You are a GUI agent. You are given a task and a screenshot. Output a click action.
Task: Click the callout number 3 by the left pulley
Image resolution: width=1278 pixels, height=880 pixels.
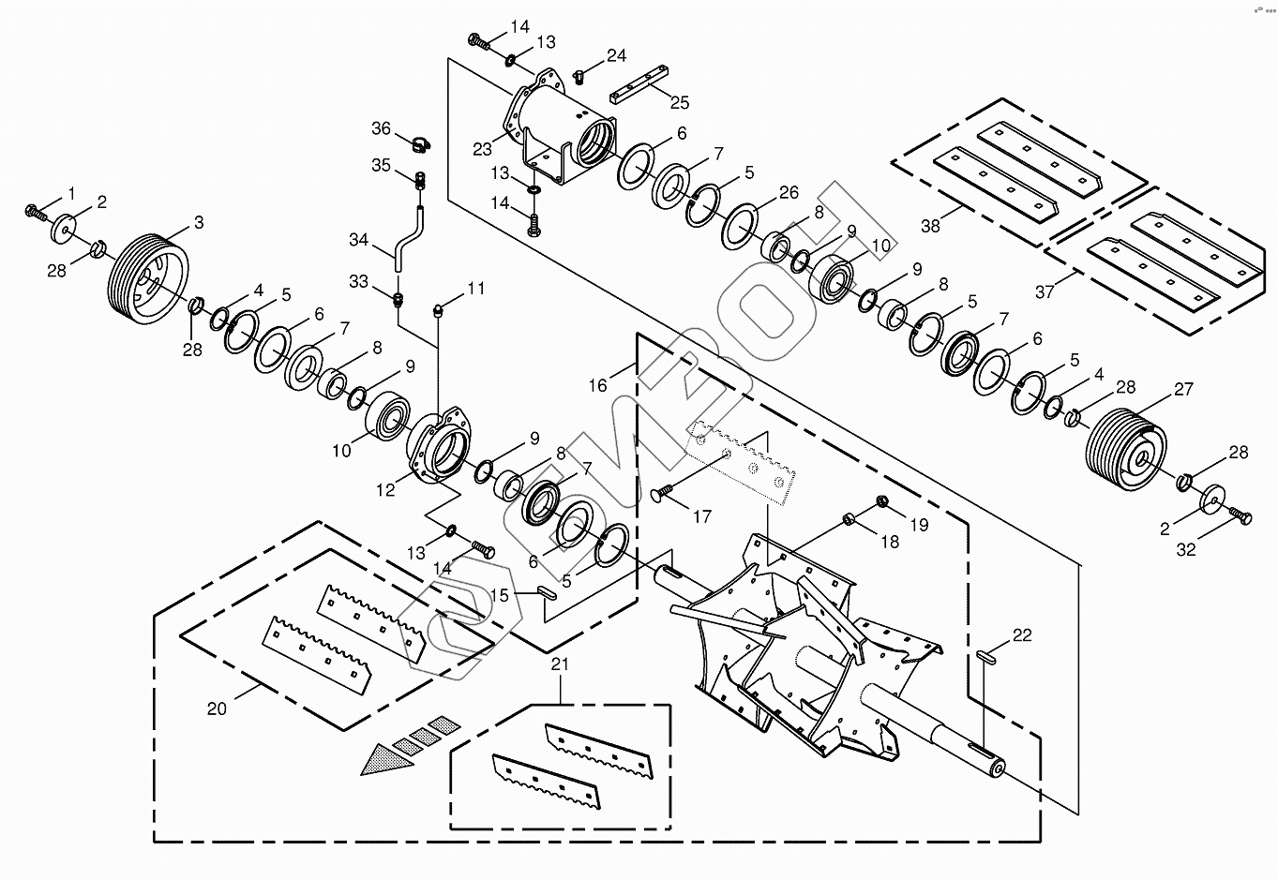199,222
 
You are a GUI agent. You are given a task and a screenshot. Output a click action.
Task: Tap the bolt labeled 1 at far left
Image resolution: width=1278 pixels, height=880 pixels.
36,212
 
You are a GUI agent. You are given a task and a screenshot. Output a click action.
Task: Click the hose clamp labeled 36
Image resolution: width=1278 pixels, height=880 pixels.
420,144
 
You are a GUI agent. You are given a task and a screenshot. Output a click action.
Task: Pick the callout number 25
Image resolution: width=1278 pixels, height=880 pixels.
680,103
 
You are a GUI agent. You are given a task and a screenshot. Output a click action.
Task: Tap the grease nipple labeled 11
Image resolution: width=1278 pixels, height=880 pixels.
438,311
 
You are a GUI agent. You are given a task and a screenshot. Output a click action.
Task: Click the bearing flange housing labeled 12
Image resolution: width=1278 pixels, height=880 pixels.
441,444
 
